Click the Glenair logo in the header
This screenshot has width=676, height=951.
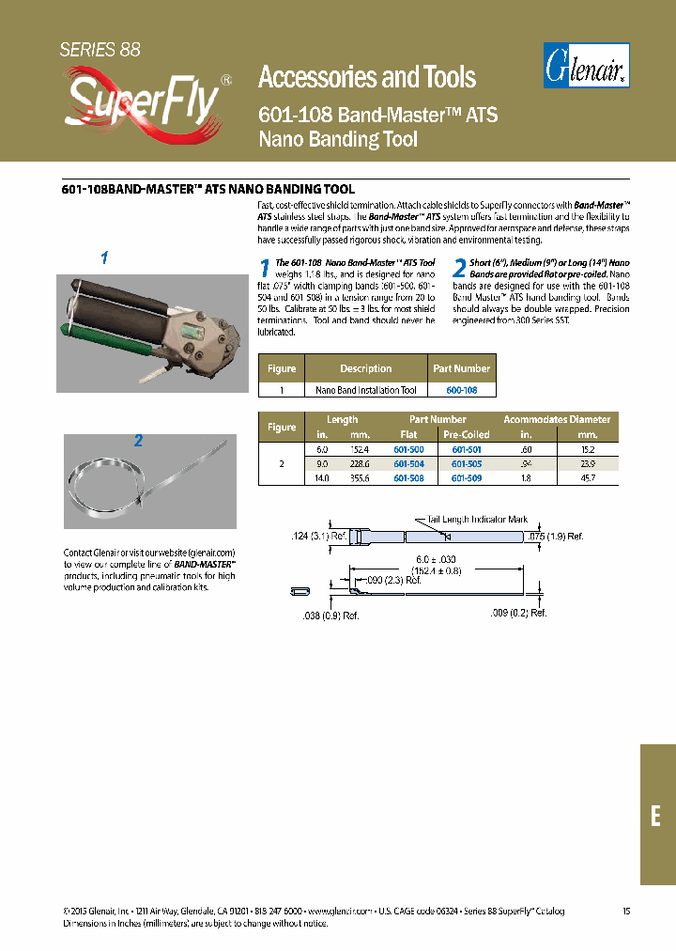587,66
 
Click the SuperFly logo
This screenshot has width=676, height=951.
141,101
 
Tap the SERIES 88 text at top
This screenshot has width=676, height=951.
100,50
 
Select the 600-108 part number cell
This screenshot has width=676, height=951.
461,390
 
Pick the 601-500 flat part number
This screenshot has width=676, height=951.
408,451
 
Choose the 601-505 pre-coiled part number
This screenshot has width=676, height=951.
467,464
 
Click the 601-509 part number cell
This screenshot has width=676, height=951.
467,477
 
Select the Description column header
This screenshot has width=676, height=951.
365,368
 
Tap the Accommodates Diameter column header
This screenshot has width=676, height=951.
557,419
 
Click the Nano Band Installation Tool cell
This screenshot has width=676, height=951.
365,390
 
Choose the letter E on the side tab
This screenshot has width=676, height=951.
656,816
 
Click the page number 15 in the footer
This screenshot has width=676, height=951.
626,911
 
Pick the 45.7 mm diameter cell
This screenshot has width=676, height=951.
587,477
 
